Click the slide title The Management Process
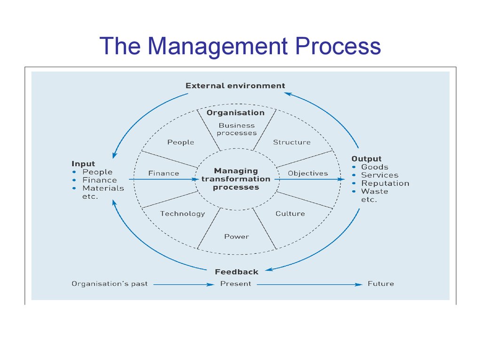coord(240,46)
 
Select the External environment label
coord(235,86)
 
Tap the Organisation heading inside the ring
coord(236,113)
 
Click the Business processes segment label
coord(237,129)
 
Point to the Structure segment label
coord(292,142)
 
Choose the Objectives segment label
coord(308,173)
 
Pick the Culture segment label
coord(290,214)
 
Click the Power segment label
coord(237,237)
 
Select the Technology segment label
coord(183,214)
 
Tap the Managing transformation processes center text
coord(236,179)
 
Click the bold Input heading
coord(83,164)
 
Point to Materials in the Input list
coord(103,188)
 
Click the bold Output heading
coord(366,159)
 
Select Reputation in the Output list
coord(385,183)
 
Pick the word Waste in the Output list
coord(374,191)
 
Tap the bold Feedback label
coord(237,272)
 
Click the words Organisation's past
coord(109,283)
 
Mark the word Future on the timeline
coord(380,283)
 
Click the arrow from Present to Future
coord(310,284)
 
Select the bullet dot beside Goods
coord(354,167)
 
